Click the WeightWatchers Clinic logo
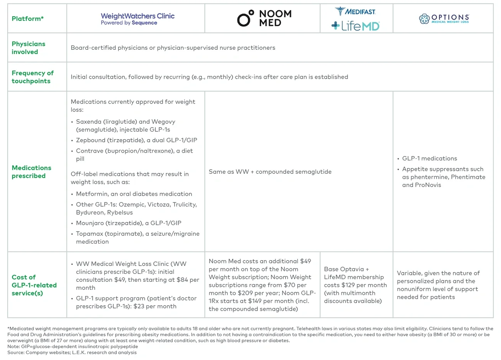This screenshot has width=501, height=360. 138,19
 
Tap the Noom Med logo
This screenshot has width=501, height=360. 264,18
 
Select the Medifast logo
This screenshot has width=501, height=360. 355,12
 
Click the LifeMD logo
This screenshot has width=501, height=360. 355,26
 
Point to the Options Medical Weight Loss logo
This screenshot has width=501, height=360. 444,19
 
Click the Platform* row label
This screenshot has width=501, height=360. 27,19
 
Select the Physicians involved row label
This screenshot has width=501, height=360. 28,48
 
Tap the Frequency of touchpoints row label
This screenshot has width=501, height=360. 32,77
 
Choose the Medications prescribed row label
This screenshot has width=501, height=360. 31,172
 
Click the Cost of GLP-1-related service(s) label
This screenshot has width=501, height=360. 34,285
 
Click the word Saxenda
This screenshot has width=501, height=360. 88,121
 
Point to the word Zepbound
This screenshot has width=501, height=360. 90,140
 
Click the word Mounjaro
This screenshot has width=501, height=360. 90,223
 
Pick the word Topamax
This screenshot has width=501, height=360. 89,234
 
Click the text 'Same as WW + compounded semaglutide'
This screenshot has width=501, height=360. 270,172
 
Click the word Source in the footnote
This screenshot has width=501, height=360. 15,352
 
